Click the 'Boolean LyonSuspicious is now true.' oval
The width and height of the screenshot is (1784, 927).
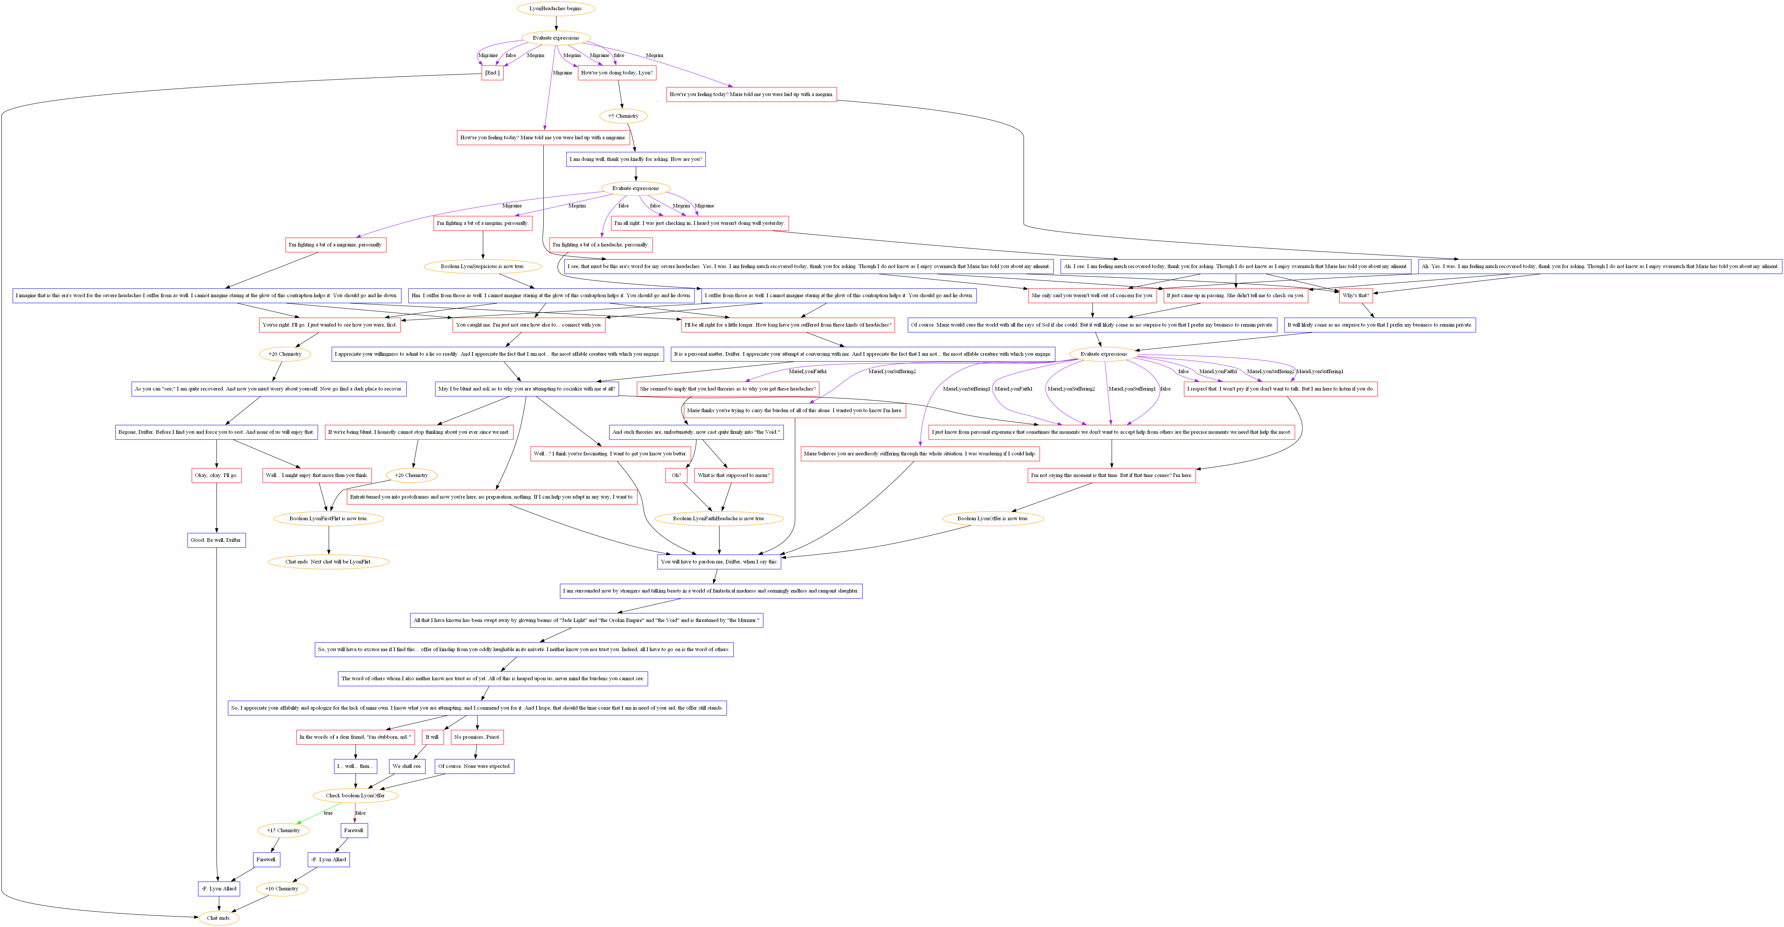(483, 267)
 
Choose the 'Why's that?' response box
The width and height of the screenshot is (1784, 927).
(1355, 296)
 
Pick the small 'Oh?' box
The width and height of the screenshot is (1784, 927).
(676, 476)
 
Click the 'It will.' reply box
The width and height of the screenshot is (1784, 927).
(432, 737)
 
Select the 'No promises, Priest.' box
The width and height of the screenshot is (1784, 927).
(477, 737)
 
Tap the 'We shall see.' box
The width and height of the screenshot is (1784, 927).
(406, 766)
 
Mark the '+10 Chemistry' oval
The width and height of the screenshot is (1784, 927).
(282, 889)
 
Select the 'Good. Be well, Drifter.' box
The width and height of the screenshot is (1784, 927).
(217, 540)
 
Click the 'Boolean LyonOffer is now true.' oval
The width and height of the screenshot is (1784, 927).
(993, 518)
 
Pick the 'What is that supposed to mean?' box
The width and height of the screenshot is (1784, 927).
(734, 476)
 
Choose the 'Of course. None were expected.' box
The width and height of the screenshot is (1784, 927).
(474, 766)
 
